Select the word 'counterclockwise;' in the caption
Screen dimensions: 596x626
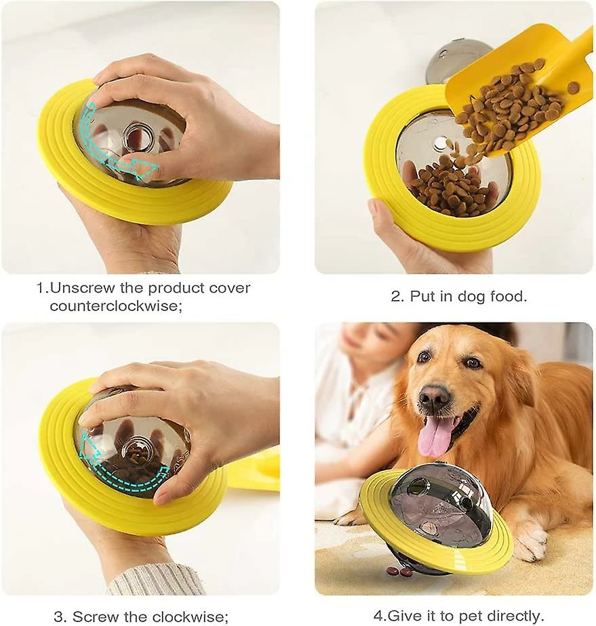click(116, 306)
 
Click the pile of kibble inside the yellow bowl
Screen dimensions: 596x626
click(452, 187)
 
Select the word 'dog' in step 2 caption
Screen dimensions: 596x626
click(460, 297)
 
